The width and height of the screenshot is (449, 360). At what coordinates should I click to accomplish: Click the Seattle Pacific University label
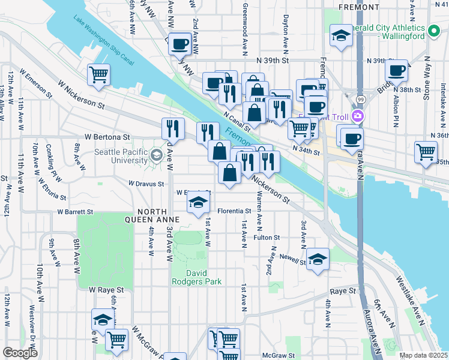point(121,157)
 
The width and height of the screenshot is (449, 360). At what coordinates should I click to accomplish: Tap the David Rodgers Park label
point(196,277)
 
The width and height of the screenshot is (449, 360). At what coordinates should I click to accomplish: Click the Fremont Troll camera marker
point(358,116)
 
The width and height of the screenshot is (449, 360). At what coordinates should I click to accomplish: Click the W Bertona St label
point(107,137)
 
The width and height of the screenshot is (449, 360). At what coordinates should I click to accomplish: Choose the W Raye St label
point(106,289)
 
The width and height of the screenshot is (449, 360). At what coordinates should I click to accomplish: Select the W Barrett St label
point(75,212)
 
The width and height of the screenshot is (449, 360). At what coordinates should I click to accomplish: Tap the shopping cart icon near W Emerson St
point(98,75)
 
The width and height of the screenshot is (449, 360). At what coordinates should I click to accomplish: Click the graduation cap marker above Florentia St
point(197,203)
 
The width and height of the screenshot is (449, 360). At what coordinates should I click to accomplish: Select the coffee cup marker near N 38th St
point(397,70)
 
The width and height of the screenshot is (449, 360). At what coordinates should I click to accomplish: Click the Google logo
point(20,353)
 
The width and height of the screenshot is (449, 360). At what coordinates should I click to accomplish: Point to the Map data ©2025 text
point(423,355)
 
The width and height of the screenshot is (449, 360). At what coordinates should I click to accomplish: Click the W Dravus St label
point(146,184)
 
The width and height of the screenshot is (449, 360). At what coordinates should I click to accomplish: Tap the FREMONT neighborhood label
point(359,7)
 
